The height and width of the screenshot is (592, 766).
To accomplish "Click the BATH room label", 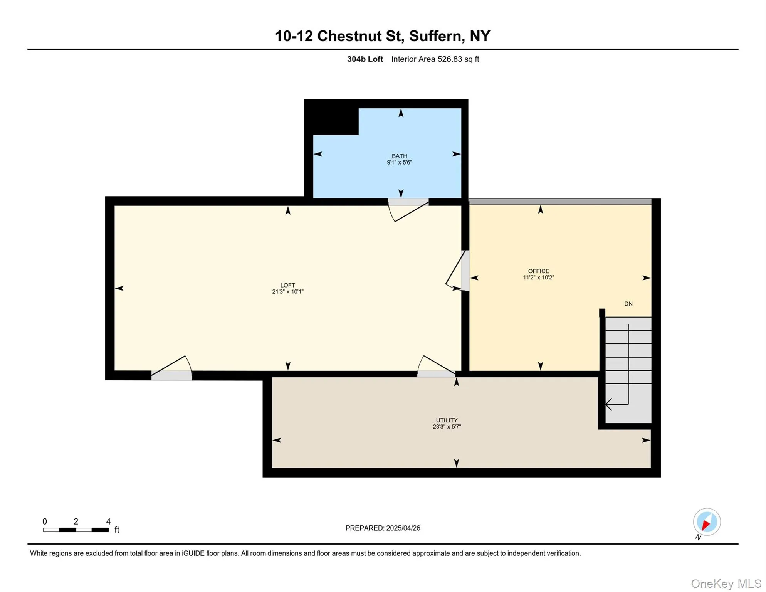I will tap(399, 156).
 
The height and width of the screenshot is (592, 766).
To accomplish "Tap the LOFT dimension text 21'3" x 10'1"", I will tap(287, 292).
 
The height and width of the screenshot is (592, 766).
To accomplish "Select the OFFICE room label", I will tap(538, 271).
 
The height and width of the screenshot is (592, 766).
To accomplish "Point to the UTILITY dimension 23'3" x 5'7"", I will tap(447, 427).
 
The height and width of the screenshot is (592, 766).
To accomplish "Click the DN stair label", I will tap(628, 304).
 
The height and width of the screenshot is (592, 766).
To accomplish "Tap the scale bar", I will tap(76, 530).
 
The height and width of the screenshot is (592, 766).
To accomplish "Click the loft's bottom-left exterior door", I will tap(172, 368).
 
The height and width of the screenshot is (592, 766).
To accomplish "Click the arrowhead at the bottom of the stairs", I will tap(608, 404).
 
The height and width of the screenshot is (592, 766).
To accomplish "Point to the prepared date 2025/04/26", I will tap(403, 528).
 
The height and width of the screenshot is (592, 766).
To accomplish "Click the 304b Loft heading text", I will tap(365, 59).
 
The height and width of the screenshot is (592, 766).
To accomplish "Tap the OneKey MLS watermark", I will tap(726, 584).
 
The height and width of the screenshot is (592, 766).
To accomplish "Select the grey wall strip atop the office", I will tap(559, 202).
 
